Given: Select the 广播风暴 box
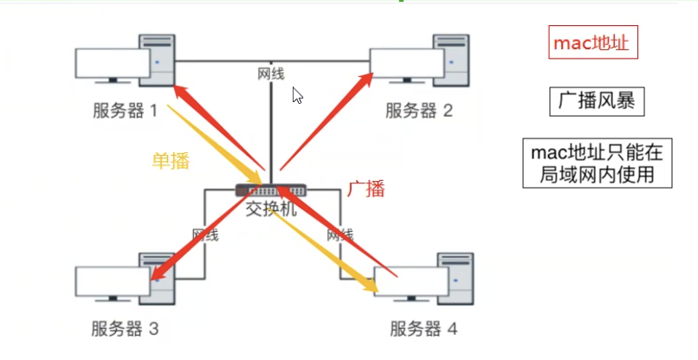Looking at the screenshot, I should point(596,102).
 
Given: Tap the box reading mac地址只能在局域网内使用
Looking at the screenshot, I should point(596,164).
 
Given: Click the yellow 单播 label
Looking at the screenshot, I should point(171,160).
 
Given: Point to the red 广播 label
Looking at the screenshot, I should point(365,189).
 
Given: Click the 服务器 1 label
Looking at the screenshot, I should point(126,111).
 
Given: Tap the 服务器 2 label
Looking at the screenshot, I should point(419,111).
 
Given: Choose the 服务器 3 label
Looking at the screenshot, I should point(126,328).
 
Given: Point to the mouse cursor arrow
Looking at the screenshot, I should point(297,95).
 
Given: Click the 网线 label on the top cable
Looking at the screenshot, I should point(270,74).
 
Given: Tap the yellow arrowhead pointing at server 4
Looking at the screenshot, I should point(370,284).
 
